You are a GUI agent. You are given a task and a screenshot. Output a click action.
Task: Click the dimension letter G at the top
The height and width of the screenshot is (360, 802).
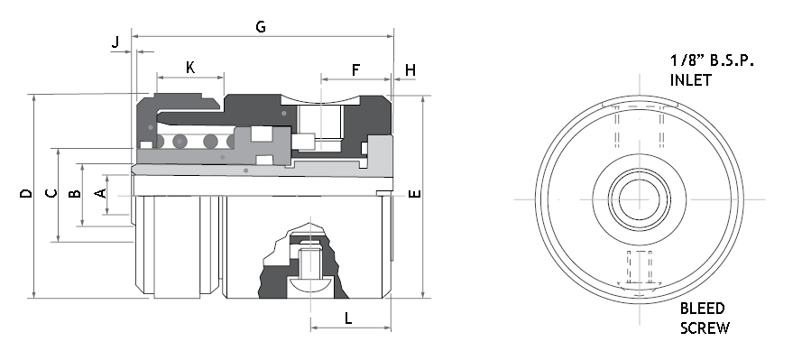[x=261, y=26]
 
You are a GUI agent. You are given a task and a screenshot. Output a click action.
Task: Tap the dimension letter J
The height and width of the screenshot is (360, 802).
[x=115, y=42]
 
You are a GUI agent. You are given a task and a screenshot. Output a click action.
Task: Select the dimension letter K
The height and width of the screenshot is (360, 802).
[x=190, y=68]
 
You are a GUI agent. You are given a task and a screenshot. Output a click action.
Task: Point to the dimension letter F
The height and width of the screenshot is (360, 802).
[x=356, y=70]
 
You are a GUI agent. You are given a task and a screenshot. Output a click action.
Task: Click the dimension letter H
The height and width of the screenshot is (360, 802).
[x=410, y=70]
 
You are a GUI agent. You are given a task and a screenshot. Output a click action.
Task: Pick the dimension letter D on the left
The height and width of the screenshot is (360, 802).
[x=25, y=193]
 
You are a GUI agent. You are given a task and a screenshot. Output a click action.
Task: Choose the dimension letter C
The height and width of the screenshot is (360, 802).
[x=51, y=193]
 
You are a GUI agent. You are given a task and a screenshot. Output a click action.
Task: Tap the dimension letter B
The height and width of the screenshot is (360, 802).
[x=75, y=193]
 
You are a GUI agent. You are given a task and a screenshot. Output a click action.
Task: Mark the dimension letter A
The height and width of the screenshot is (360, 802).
[x=101, y=193]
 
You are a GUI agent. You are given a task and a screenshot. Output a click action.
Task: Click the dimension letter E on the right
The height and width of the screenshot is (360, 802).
[x=415, y=193]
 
